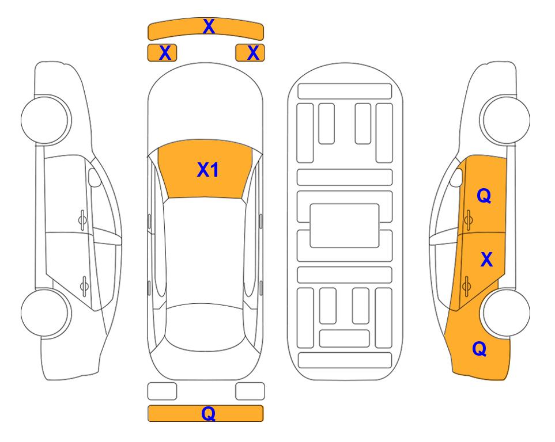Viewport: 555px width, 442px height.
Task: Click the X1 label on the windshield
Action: point(208,170)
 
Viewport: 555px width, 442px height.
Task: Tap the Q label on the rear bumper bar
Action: point(209,413)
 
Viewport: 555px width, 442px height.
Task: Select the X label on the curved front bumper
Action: point(209,26)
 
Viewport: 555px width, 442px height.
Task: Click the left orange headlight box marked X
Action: point(162,53)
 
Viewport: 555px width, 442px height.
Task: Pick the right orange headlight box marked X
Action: point(250,53)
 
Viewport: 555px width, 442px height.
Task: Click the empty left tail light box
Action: point(162,391)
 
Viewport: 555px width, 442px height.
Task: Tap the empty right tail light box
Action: point(250,391)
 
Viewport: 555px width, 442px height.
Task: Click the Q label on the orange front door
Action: point(484,196)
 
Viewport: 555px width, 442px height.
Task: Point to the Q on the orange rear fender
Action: point(480,349)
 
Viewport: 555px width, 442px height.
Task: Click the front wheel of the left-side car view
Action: point(46,120)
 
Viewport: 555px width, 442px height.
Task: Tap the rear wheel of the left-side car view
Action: point(46,313)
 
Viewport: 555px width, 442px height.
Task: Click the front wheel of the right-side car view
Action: point(505,120)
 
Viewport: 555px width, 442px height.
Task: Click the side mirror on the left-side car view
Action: point(95,177)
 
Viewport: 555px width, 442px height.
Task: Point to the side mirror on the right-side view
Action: point(456,177)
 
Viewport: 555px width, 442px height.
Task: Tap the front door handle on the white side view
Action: point(82,220)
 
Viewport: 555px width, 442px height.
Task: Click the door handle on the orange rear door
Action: point(466,285)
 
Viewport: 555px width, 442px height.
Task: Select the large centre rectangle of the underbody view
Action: point(345,226)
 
